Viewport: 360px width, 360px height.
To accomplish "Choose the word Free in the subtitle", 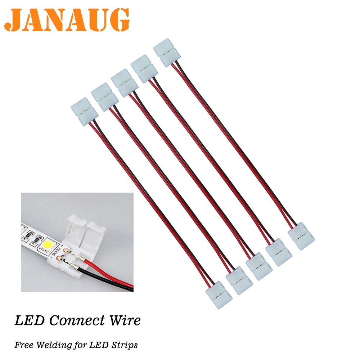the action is pos(23,345).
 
